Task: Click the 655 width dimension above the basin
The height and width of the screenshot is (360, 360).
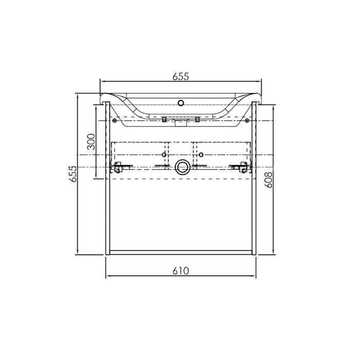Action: click(x=181, y=77)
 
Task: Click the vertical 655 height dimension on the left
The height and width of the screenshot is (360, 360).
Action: click(x=74, y=174)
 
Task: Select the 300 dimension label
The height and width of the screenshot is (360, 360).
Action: click(x=92, y=141)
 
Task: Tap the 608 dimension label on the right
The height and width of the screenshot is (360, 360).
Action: click(x=268, y=180)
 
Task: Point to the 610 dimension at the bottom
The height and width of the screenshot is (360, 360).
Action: click(x=181, y=271)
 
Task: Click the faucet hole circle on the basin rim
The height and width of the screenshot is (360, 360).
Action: click(x=181, y=103)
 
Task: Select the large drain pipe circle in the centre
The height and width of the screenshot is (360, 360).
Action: click(x=182, y=167)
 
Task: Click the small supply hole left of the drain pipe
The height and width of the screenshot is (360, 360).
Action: click(x=164, y=155)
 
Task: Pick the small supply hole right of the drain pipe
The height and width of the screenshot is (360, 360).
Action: click(x=201, y=155)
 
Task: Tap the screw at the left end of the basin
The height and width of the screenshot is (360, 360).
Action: click(x=115, y=120)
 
